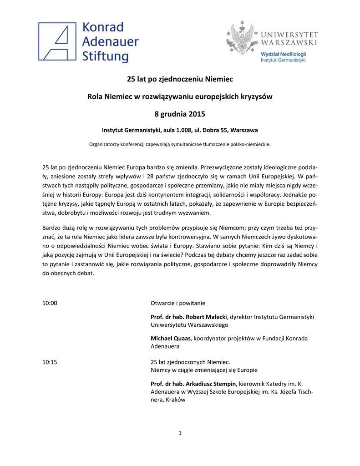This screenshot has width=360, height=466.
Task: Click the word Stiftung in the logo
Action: [106, 56]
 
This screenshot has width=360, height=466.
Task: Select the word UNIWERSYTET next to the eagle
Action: [290, 34]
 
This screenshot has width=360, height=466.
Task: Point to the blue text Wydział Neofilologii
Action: [283, 54]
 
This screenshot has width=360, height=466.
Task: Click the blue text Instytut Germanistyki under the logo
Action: [283, 60]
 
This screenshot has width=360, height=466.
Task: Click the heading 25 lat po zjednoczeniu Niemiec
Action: [180, 80]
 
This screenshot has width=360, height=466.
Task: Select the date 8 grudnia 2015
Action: [180, 113]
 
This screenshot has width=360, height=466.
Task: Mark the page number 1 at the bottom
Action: [180, 433]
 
